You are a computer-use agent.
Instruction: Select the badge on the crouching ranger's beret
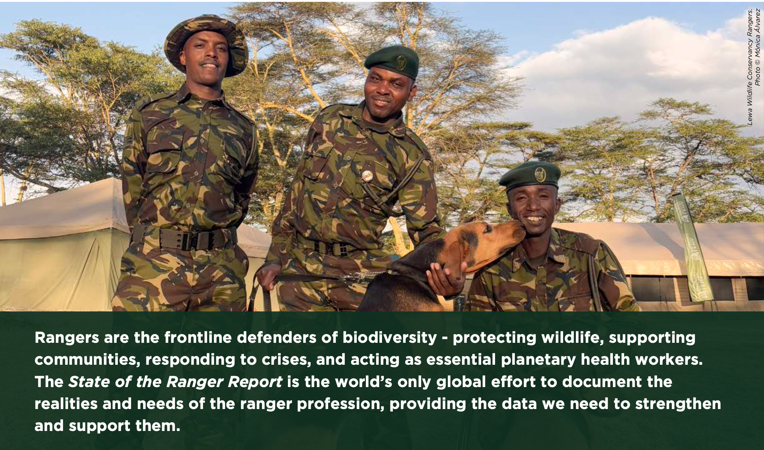540,174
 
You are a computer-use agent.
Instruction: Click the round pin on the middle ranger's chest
367,176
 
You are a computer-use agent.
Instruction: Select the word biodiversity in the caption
389,338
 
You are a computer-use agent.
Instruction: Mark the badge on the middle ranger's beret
401,62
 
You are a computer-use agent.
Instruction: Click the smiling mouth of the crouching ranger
535,219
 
